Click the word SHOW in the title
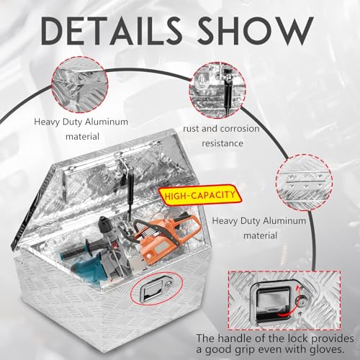[x=256, y=31]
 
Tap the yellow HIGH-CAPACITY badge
[x=199, y=195]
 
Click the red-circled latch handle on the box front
[x=156, y=289]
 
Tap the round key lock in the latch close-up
[x=301, y=300]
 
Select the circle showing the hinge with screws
[x=304, y=182]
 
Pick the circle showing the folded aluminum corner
[x=80, y=84]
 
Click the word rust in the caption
[x=191, y=129]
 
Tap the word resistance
[x=222, y=143]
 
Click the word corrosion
[x=240, y=129]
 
